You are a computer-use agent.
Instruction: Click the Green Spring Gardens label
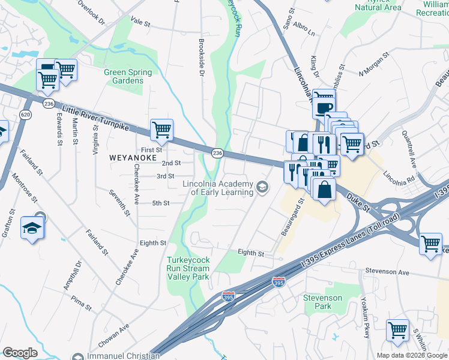pyautogui.click(x=124, y=76)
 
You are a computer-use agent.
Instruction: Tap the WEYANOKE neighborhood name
pyautogui.click(x=133, y=157)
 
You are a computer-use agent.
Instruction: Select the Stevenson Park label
pyautogui.click(x=322, y=302)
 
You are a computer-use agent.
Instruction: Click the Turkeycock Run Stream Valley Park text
pyautogui.click(x=187, y=268)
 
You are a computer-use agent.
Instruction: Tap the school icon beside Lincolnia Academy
pyautogui.click(x=262, y=188)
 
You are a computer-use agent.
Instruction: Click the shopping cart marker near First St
pyautogui.click(x=161, y=128)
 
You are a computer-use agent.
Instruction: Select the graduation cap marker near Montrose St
pyautogui.click(x=31, y=227)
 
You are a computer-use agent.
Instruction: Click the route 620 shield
pyautogui.click(x=25, y=114)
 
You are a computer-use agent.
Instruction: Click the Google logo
pyautogui.click(x=20, y=353)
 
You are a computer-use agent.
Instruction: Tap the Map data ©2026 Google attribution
pyautogui.click(x=411, y=355)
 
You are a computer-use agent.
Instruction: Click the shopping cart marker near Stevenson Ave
pyautogui.click(x=430, y=244)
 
